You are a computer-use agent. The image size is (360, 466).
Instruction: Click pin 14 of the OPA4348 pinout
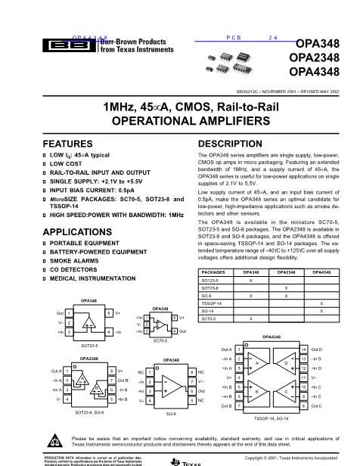point(303,349)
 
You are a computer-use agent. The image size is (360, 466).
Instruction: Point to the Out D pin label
point(315,349)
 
